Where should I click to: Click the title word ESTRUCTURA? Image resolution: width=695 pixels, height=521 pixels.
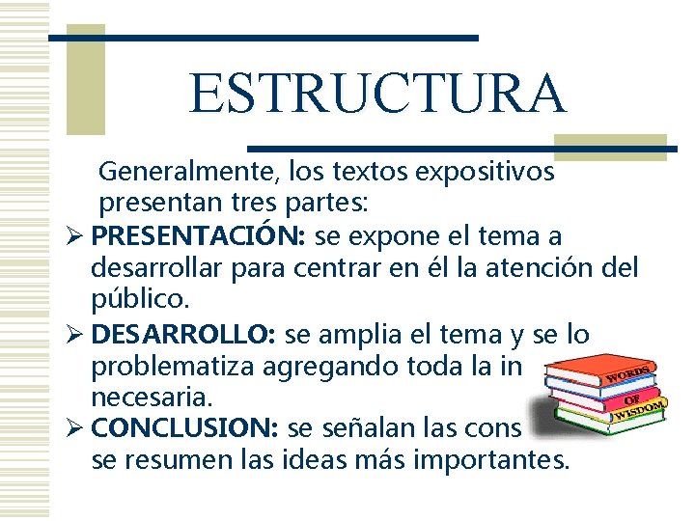click(x=377, y=93)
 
